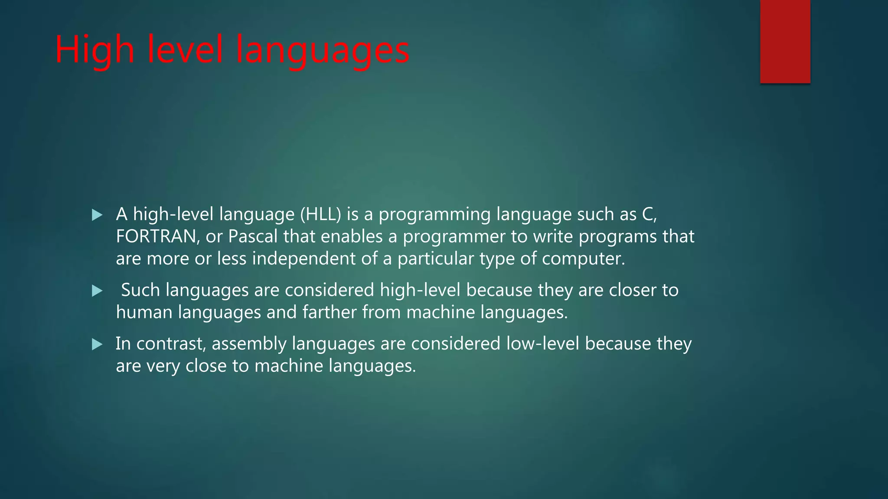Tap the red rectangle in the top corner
click(x=785, y=42)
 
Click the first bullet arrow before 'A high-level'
click(x=97, y=215)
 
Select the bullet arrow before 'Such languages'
click(x=97, y=291)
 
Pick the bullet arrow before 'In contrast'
click(x=97, y=344)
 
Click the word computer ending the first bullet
click(x=583, y=259)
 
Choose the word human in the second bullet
click(x=144, y=312)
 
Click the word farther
click(x=329, y=312)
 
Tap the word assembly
click(x=249, y=344)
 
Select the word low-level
click(x=542, y=344)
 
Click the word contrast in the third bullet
click(x=171, y=344)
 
